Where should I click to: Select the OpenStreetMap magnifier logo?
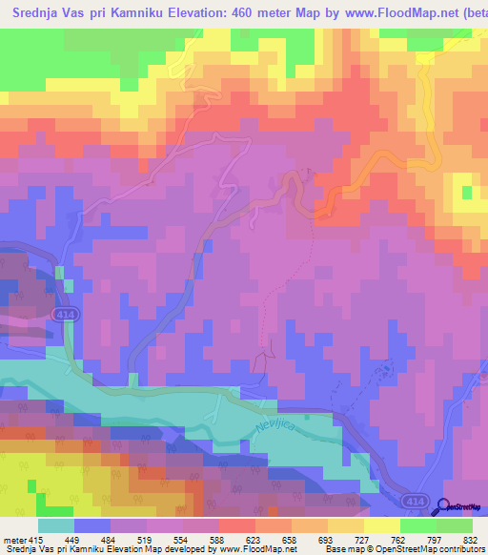445,508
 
